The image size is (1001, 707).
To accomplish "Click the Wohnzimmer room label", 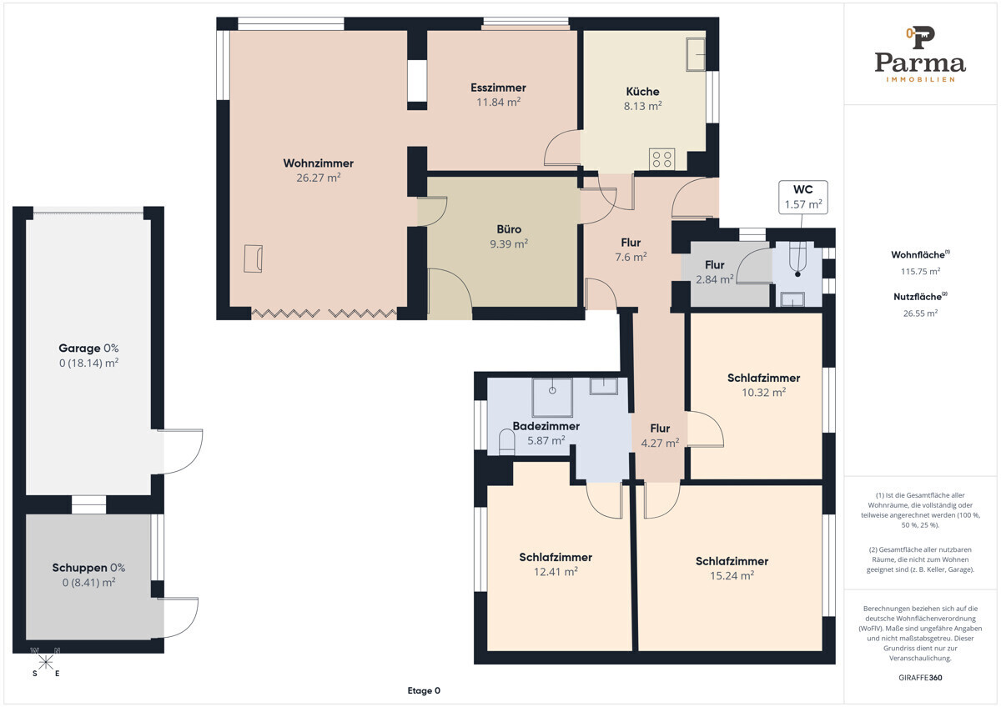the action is click(318, 163).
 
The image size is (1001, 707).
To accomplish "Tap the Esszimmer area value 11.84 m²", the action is click(498, 103).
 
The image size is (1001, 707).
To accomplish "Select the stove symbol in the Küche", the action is click(661, 159).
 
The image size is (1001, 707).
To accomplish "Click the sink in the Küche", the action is click(696, 54).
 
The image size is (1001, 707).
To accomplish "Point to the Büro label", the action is click(509, 229).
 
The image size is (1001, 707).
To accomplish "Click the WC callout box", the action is click(803, 197).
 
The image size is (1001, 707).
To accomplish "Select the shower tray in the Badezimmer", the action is click(552, 398).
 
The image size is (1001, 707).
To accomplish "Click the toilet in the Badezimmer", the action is click(506, 442).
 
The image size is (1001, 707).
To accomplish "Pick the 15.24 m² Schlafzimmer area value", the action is click(732, 576).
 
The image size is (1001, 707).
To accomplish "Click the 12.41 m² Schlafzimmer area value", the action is click(556, 572).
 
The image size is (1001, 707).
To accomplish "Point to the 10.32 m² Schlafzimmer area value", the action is click(764, 392).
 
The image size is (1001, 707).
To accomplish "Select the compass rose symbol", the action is click(45, 662).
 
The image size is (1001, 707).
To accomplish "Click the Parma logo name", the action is click(920, 63).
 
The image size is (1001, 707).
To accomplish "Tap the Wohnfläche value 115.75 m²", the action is click(920, 271).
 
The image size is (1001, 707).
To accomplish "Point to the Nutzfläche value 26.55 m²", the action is click(920, 313).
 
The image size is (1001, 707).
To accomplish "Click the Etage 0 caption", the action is click(424, 690).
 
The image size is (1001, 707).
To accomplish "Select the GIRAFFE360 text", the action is click(920, 678).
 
